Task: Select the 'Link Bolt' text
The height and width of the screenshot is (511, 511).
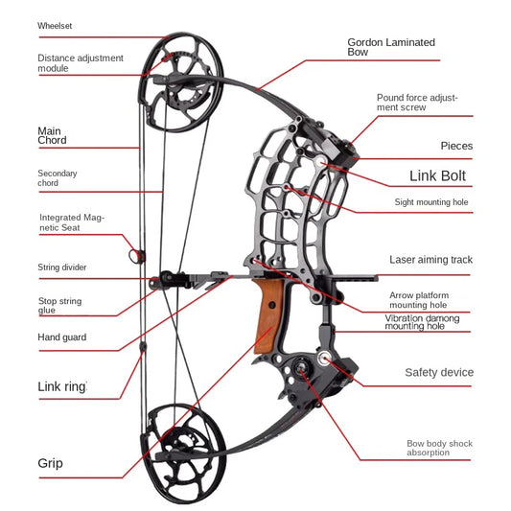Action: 437,175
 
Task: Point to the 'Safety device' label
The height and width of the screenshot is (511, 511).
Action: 438,372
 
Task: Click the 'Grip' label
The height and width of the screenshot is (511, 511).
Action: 51,463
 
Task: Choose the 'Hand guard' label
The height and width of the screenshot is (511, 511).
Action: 61,337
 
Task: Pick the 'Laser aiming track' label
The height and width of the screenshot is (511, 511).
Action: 430,260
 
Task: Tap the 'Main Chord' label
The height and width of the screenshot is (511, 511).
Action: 53,135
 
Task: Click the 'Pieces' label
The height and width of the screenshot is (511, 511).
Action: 456,146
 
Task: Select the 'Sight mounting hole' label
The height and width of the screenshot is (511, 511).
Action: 430,202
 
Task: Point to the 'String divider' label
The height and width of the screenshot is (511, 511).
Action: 62,267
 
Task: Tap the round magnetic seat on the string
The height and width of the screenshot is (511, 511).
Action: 134,255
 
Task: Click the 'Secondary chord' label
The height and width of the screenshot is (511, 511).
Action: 58,177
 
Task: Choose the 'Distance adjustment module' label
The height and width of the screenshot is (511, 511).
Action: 81,62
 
